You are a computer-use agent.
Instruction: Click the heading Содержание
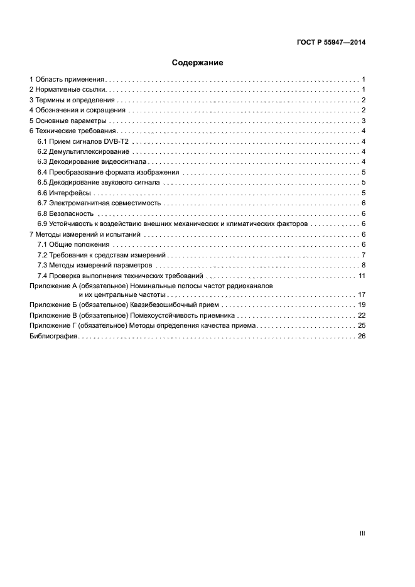click(198, 63)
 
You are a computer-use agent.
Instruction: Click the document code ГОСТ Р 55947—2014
click(331, 43)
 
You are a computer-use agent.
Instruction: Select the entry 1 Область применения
click(67, 80)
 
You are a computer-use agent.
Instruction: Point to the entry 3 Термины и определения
click(72, 100)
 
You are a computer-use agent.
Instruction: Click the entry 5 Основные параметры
click(68, 121)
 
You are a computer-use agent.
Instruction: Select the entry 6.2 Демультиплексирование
click(84, 151)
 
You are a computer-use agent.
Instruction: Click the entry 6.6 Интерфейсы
click(64, 193)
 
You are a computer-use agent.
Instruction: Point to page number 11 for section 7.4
click(362, 276)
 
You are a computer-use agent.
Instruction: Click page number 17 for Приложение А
click(362, 294)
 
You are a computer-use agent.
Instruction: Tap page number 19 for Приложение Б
click(362, 304)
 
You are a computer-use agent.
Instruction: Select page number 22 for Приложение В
click(362, 315)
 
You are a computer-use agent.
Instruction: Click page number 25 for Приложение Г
click(362, 326)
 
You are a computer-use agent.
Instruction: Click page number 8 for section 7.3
click(364, 265)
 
